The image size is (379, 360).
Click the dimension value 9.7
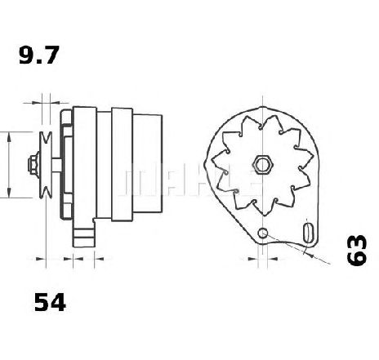(x=39, y=56)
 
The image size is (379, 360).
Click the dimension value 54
(x=50, y=302)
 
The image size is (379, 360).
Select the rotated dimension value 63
(x=356, y=250)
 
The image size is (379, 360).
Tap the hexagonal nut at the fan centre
(x=261, y=164)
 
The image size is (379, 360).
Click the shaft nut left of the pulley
(x=33, y=165)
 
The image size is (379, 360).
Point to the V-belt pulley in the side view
(x=46, y=165)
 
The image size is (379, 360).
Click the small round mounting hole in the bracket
(x=263, y=233)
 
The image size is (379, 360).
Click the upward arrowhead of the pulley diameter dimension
(x=9, y=136)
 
